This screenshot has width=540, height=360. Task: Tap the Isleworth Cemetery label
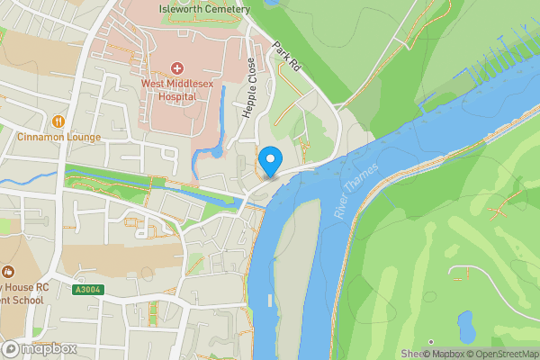(203, 9)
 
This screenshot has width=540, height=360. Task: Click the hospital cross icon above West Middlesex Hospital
(176, 68)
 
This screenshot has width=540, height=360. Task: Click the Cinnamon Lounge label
(58, 138)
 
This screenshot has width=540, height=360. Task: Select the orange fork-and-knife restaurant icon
(58, 121)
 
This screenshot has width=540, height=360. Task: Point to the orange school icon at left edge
(7, 272)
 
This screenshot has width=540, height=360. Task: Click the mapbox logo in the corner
(39, 348)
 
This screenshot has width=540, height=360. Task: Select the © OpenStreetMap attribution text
(498, 354)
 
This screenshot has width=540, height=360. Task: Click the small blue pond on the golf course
(466, 326)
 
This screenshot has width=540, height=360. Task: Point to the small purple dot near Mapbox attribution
(430, 342)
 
